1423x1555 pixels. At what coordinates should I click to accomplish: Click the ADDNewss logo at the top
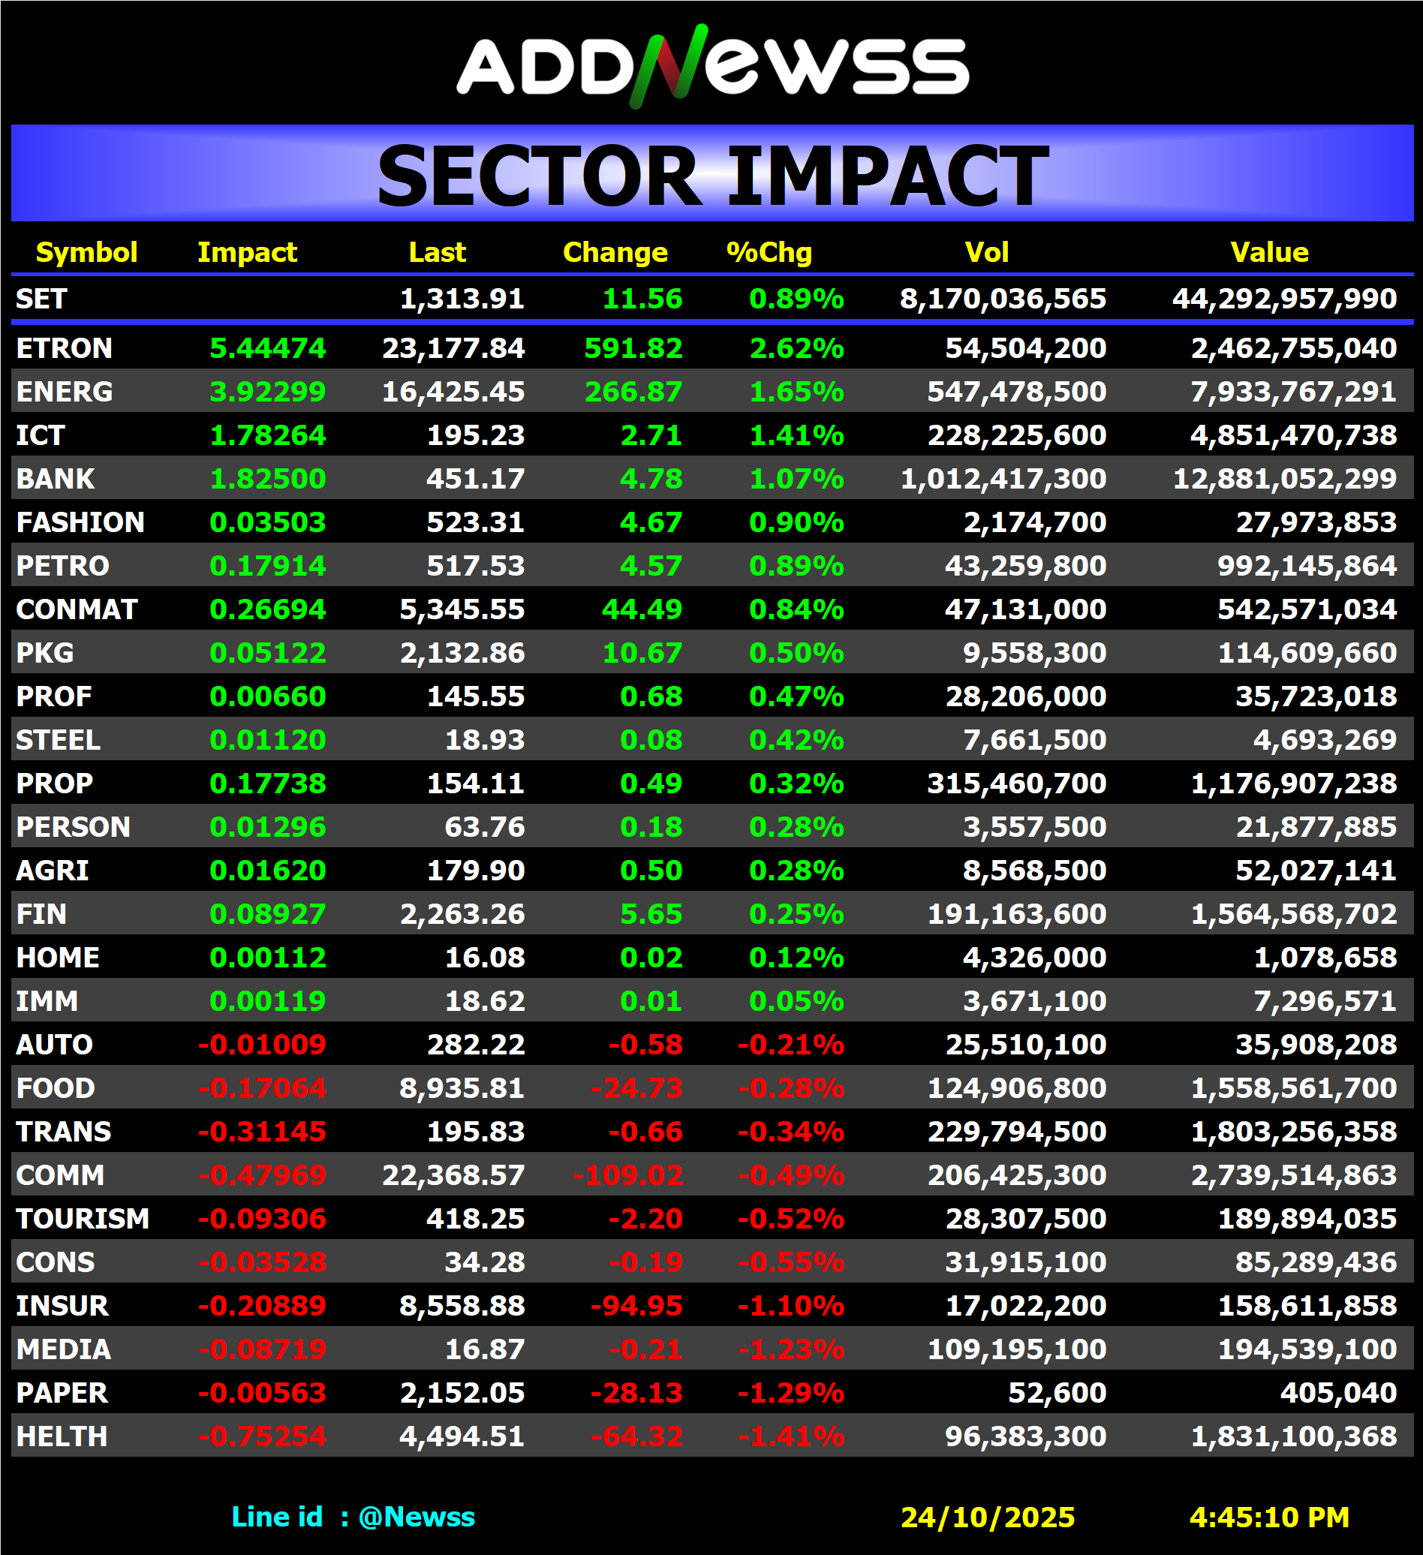712,65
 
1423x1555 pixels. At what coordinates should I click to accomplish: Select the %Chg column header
769,252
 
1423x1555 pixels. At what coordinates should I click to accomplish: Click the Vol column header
986,252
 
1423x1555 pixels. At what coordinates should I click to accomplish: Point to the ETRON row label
64,348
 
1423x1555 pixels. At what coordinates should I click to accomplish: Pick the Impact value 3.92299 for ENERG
268,392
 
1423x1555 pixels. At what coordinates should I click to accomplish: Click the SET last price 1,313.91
462,299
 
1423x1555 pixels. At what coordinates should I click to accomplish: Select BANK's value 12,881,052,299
1284,479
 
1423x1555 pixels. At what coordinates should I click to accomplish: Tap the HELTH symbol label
62,1436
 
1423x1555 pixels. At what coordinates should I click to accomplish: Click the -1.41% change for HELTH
790,1436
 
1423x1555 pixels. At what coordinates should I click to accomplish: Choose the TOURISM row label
83,1219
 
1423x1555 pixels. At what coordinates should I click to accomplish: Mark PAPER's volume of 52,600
1057,1393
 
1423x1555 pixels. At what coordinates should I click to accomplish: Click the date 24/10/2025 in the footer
987,1517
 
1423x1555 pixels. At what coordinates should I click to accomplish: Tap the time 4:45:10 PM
1268,1517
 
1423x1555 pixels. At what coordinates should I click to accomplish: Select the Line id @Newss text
353,1517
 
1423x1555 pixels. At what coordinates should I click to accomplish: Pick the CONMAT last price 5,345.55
462,609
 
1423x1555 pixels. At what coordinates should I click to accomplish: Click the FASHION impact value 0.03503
268,522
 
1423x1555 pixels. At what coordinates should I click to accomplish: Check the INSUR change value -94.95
636,1306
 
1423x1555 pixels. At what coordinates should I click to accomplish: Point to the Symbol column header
86,252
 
